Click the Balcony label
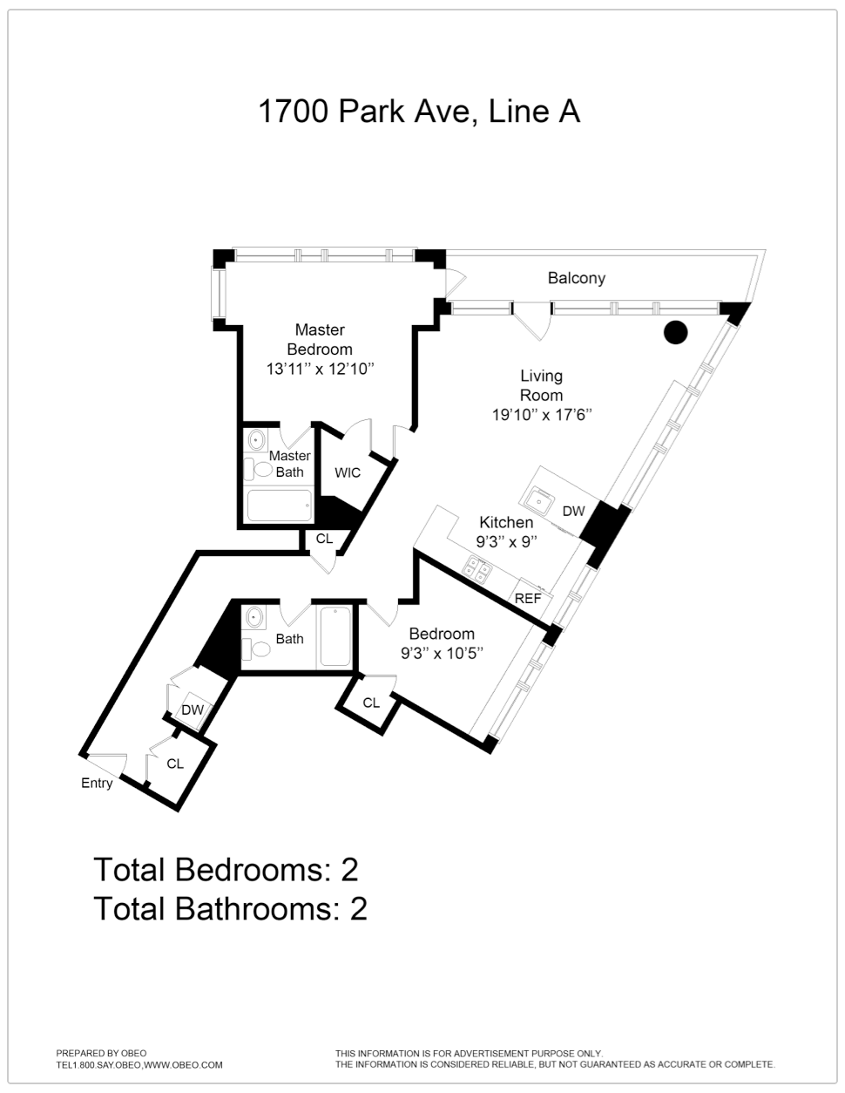pyautogui.click(x=576, y=278)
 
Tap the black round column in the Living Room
pyautogui.click(x=676, y=332)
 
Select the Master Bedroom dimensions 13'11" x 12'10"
pyautogui.click(x=321, y=369)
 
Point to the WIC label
pyautogui.click(x=348, y=472)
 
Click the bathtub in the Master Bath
pyautogui.click(x=280, y=506)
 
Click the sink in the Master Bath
pyautogui.click(x=256, y=440)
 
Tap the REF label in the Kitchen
pyautogui.click(x=528, y=598)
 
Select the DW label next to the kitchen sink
pyautogui.click(x=573, y=511)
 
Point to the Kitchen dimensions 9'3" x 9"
pyautogui.click(x=506, y=542)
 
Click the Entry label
pyautogui.click(x=97, y=784)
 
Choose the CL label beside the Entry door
pyautogui.click(x=175, y=764)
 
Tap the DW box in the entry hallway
pyautogui.click(x=193, y=709)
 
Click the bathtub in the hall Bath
pyautogui.click(x=335, y=636)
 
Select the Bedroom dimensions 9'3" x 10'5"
pyautogui.click(x=442, y=654)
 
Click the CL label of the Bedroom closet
pyautogui.click(x=371, y=703)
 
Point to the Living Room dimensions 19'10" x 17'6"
pyautogui.click(x=541, y=415)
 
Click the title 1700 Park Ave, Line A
pyautogui.click(x=419, y=112)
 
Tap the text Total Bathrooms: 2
pyautogui.click(x=230, y=909)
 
